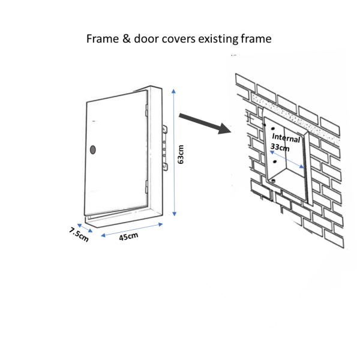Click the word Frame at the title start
103,38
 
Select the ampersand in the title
126,38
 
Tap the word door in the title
146,38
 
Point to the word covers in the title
178,39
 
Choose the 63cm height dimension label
181,154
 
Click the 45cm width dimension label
128,236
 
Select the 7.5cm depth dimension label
79,235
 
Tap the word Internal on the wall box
286,138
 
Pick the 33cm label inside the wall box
280,147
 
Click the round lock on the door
93,149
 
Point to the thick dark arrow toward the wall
205,124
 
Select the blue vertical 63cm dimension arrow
174,152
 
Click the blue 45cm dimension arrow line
132,230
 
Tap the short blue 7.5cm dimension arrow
85,228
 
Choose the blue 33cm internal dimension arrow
287,160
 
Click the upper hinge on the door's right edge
146,110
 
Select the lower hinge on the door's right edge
146,187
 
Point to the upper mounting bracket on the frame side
164,130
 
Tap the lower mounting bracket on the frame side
165,167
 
